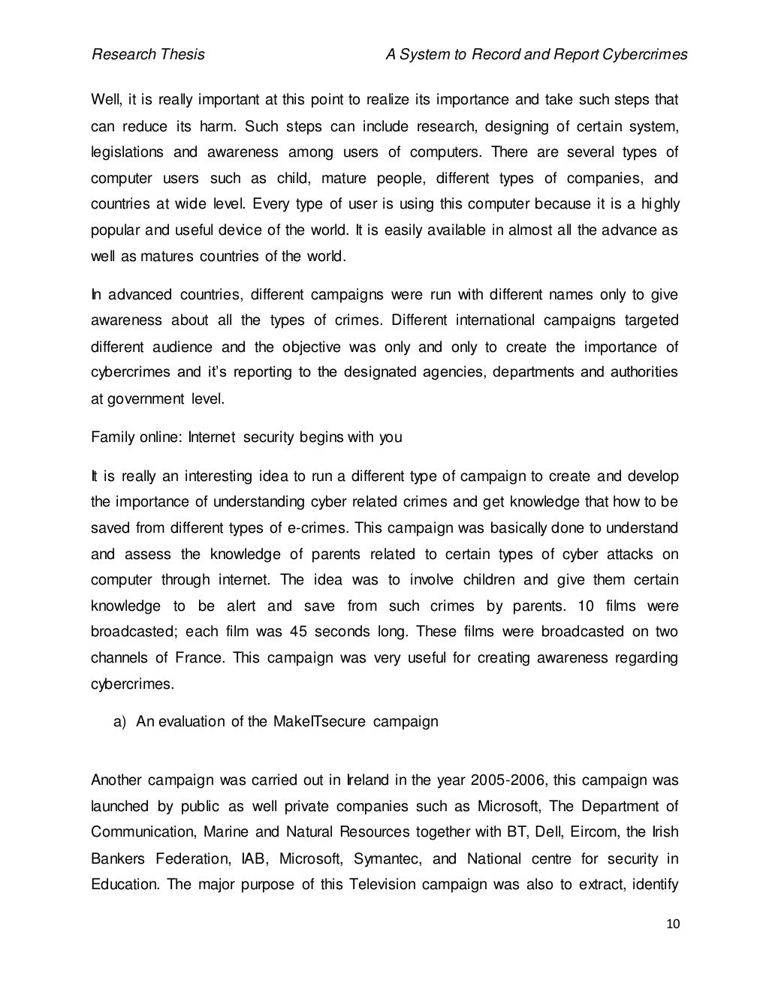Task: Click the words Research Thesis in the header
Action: tap(148, 55)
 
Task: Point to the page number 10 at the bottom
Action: tap(672, 924)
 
